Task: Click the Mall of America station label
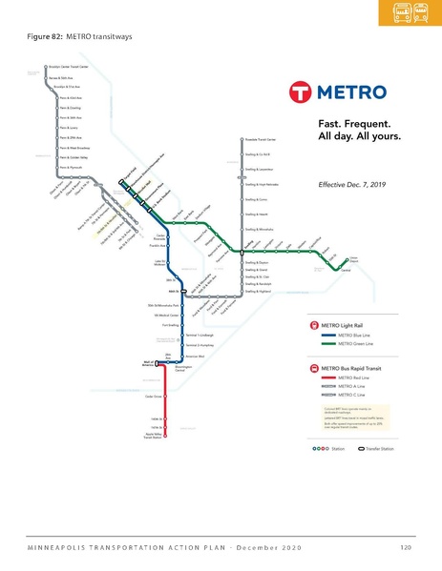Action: (149, 363)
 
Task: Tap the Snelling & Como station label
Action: (257, 200)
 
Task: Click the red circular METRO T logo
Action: (299, 94)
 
